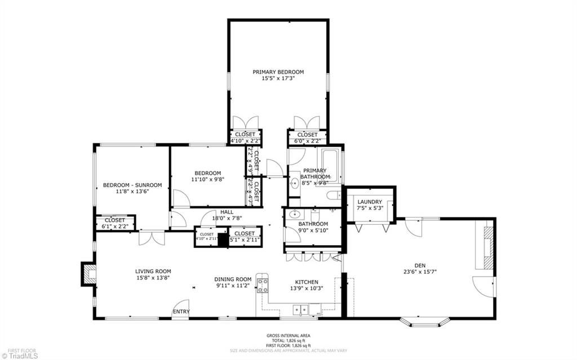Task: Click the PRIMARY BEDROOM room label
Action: point(278,72)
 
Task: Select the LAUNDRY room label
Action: point(369,202)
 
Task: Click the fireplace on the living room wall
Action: point(89,274)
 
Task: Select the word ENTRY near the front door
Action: point(181,312)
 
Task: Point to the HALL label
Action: point(211,212)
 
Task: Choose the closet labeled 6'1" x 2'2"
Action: point(115,223)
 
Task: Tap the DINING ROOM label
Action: point(232,279)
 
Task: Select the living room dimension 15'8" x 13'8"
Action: point(153,277)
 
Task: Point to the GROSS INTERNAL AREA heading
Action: point(288,336)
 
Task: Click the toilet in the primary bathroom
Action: point(334,195)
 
